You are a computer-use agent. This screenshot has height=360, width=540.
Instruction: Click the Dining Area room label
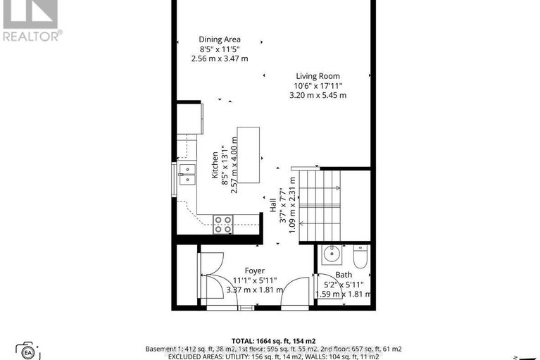220,39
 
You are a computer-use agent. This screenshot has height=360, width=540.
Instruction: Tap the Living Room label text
317,76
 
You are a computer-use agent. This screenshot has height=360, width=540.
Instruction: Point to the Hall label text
272,205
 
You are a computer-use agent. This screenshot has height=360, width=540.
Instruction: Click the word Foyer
254,271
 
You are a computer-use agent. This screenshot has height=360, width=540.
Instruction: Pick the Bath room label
344,275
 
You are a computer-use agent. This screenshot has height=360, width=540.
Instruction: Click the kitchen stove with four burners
224,224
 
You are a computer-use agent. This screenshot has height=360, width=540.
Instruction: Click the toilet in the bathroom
360,258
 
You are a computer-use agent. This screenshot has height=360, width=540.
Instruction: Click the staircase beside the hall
320,204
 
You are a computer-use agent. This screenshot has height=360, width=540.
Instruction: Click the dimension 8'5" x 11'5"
220,49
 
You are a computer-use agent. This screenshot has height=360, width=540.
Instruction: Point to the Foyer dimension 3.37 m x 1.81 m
255,290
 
